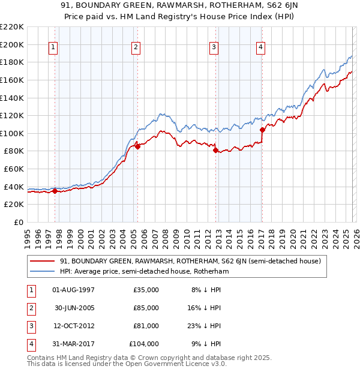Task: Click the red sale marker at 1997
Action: [55, 191]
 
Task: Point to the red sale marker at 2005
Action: [137, 146]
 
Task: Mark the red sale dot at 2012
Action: [215, 151]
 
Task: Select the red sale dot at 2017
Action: [262, 130]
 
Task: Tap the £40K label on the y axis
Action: [14, 187]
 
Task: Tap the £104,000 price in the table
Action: [144, 344]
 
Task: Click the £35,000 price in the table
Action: [146, 290]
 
